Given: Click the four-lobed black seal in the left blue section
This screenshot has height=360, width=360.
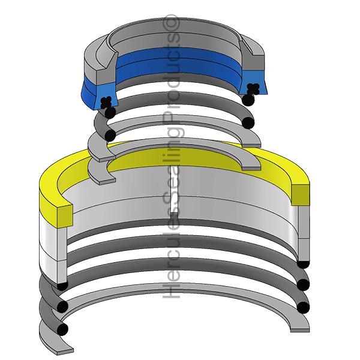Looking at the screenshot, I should (x=106, y=103).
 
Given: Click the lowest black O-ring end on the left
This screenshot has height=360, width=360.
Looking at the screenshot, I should (x=62, y=329).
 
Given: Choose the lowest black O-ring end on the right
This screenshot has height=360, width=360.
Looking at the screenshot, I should (x=303, y=307).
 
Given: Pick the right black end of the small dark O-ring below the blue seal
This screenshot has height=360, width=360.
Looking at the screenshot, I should (x=246, y=123).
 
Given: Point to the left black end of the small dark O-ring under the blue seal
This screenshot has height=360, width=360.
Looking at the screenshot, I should (x=110, y=135).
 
